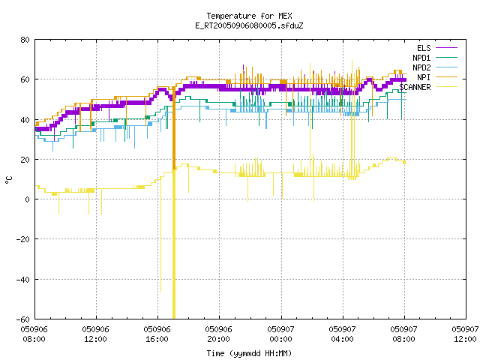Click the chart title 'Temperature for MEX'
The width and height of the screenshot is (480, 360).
[249, 16]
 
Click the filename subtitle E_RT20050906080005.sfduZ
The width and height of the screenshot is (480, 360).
[249, 25]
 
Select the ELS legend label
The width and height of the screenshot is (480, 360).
[424, 48]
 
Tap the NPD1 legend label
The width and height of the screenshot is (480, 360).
[421, 58]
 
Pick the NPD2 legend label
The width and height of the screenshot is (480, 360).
[421, 67]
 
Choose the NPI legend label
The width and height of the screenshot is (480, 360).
[424, 77]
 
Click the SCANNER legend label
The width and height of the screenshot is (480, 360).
[415, 87]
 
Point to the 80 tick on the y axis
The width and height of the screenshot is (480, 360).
[25, 40]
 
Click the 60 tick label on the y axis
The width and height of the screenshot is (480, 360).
[25, 79]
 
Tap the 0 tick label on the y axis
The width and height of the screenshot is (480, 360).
[27, 199]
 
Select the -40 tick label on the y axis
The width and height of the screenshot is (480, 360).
[22, 280]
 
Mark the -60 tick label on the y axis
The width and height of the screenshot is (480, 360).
[22, 319]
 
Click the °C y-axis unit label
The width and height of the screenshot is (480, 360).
[8, 180]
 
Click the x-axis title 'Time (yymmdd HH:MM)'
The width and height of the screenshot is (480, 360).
[249, 353]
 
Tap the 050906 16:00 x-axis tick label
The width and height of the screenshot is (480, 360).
[157, 334]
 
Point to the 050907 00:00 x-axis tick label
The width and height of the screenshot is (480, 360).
[280, 334]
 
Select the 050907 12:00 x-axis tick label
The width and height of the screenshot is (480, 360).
[465, 334]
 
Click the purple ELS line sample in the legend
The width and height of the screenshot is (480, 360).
[446, 48]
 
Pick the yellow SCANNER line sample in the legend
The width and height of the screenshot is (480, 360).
[446, 87]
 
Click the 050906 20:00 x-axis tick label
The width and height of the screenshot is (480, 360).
[218, 334]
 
